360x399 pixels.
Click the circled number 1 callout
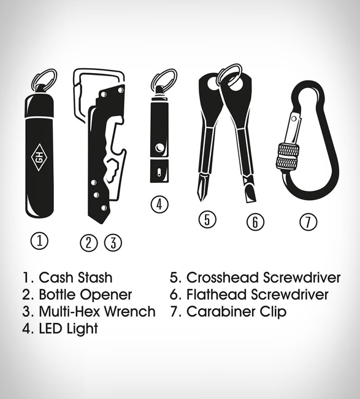(x=39, y=241)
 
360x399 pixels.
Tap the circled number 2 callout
(x=88, y=242)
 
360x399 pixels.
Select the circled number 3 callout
(x=113, y=242)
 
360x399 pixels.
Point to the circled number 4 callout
(x=159, y=204)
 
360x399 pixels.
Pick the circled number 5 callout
(x=207, y=220)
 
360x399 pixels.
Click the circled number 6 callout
(x=255, y=222)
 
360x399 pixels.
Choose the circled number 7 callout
(x=308, y=222)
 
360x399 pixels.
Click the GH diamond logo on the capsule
(x=40, y=158)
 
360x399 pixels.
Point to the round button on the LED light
(x=159, y=148)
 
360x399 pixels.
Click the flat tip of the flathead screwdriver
(x=251, y=198)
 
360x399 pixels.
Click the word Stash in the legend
(x=95, y=277)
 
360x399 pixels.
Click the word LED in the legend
(x=50, y=328)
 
